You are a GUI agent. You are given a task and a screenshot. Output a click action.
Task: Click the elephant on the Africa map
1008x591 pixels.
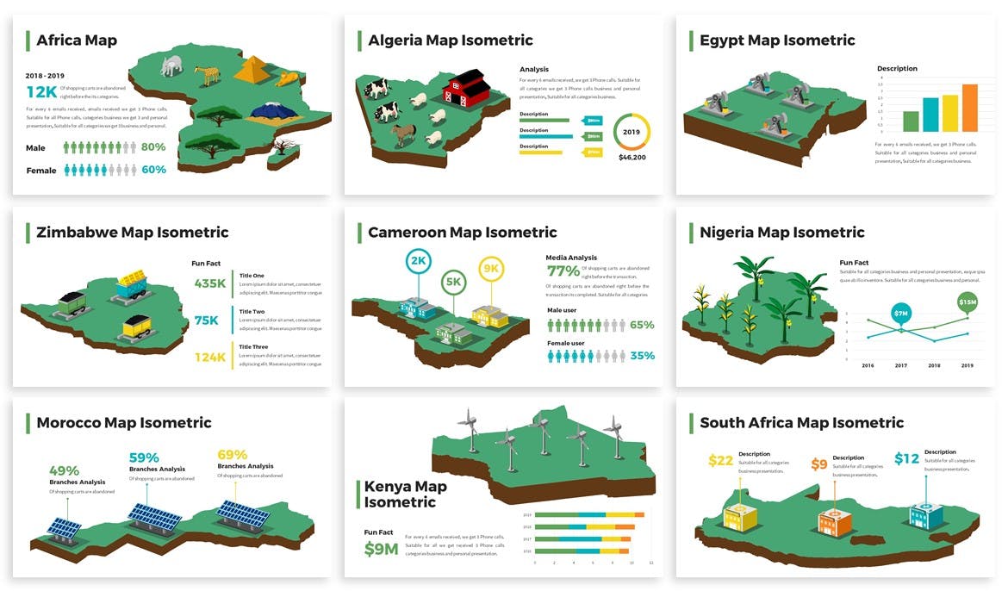click(x=171, y=66)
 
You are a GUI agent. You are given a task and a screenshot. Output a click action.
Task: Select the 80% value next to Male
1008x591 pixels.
click(x=153, y=147)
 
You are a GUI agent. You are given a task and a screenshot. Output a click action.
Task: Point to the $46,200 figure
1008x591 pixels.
click(x=632, y=158)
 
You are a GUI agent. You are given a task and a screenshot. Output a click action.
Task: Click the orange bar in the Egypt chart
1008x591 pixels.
click(x=969, y=108)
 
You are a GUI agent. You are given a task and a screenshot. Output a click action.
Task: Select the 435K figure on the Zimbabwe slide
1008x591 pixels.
click(x=210, y=283)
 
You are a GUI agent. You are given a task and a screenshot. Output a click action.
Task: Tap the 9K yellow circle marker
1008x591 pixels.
click(x=491, y=269)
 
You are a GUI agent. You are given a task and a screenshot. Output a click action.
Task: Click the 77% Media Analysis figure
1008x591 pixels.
click(x=563, y=271)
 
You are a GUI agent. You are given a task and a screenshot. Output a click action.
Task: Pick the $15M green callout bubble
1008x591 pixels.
click(x=968, y=302)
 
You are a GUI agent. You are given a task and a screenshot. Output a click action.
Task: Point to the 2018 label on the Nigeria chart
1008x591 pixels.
click(x=935, y=365)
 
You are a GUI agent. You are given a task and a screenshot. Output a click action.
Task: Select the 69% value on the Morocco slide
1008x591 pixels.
click(x=232, y=455)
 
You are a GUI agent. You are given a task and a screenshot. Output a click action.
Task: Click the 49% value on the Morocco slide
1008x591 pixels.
click(x=64, y=471)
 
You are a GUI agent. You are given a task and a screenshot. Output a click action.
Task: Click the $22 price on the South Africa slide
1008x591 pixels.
click(x=720, y=461)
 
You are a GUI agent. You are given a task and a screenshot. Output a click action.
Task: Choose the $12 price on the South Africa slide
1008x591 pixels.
click(x=906, y=459)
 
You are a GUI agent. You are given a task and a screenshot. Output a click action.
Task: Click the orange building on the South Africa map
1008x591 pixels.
click(x=833, y=521)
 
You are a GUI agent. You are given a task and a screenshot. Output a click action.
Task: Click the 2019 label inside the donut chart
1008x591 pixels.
click(x=632, y=133)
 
